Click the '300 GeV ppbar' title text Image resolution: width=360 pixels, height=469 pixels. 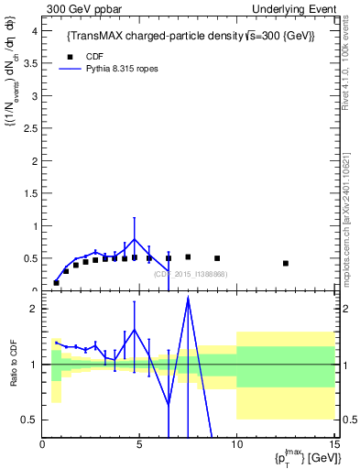(x=80, y=8)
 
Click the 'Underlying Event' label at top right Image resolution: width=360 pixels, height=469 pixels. (x=295, y=8)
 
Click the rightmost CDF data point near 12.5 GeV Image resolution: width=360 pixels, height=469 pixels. (x=286, y=263)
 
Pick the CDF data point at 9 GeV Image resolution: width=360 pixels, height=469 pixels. (x=217, y=258)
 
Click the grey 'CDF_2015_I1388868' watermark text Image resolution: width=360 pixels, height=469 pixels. (x=191, y=274)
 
